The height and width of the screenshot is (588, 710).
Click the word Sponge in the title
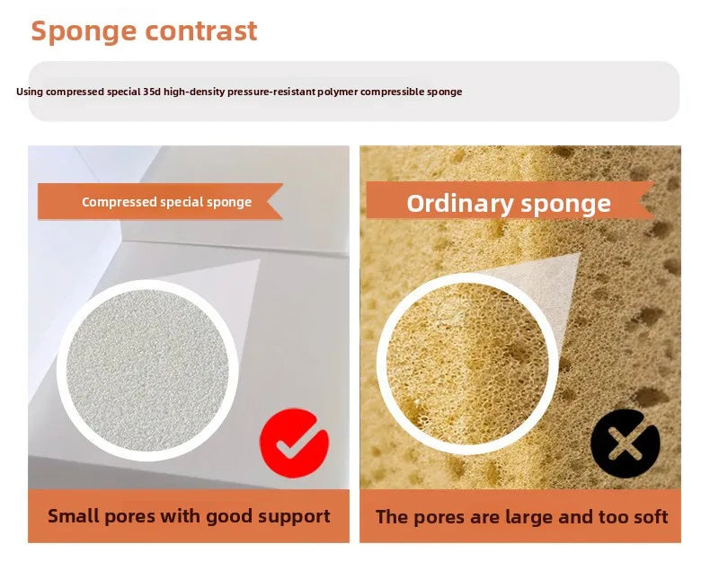tap(84, 31)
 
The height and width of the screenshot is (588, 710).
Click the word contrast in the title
tap(201, 31)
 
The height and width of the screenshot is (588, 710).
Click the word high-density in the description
tap(194, 92)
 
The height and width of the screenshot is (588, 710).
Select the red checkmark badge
tap(294, 443)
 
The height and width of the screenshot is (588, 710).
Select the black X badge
tap(626, 443)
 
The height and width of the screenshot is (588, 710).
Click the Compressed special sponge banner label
tap(166, 202)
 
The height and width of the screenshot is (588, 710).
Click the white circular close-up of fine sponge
tap(147, 371)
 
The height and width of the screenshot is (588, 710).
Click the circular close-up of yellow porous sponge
tap(467, 364)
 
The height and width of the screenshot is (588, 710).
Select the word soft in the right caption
tap(650, 516)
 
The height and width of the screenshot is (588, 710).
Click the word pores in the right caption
tap(439, 518)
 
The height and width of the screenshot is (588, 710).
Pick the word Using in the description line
tap(30, 92)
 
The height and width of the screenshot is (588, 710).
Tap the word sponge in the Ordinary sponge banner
tap(566, 205)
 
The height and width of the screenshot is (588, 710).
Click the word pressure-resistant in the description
tap(271, 92)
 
